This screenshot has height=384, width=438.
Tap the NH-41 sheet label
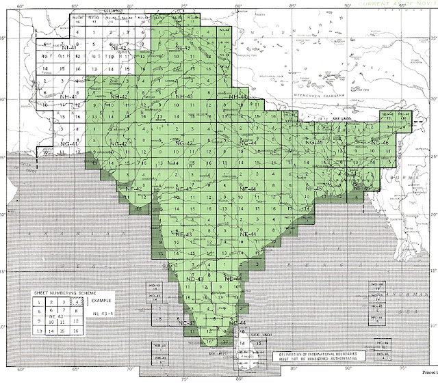tap(67, 98)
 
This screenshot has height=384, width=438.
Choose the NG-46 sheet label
tap(380, 141)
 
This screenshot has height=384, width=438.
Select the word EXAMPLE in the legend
tap(101, 299)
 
